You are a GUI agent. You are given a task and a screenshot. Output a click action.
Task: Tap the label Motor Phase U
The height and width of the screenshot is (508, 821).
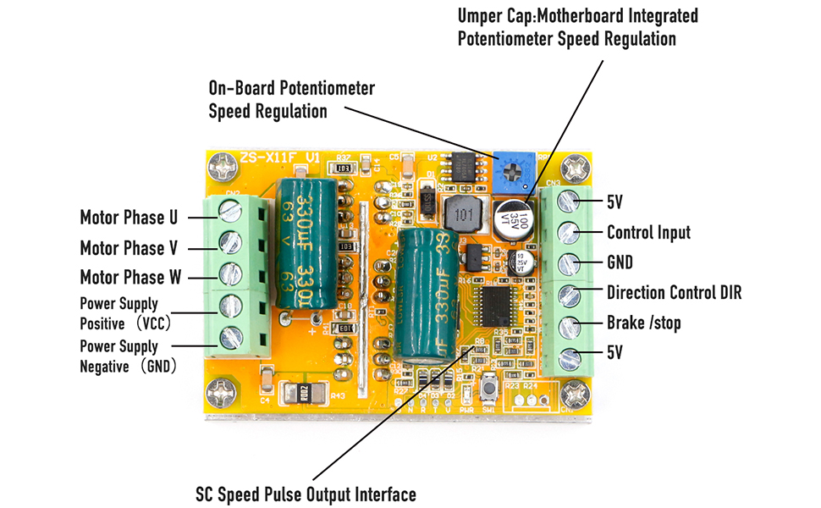(129, 218)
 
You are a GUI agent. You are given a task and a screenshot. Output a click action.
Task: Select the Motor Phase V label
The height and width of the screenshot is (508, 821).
(129, 248)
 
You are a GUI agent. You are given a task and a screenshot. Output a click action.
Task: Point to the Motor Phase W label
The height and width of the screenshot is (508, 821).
(130, 278)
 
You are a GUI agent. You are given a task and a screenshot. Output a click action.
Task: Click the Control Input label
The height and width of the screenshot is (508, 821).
(648, 232)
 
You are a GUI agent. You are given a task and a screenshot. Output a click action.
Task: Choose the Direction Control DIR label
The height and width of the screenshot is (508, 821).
(674, 293)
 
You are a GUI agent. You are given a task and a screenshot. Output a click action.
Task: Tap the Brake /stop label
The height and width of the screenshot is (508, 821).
(643, 323)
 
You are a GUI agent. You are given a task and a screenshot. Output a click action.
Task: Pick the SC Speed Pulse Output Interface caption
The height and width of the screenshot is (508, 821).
(306, 494)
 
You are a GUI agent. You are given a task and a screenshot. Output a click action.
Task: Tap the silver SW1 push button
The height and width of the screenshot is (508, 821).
(489, 392)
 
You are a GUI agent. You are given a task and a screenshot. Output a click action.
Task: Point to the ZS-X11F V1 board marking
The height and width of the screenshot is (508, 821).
(279, 157)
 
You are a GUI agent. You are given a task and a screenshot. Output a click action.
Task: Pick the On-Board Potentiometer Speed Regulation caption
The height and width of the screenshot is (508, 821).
(291, 99)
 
